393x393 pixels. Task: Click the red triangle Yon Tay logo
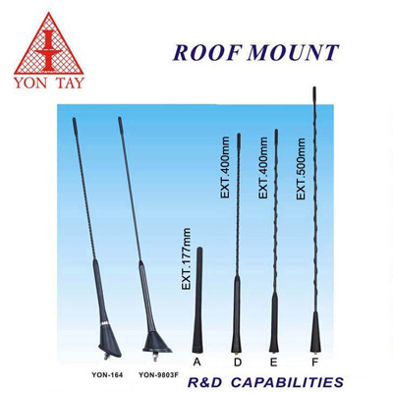[x=49, y=43]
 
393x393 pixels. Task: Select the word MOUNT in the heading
[x=293, y=52]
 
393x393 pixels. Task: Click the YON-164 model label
[x=107, y=375]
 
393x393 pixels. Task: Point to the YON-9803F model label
[x=158, y=375]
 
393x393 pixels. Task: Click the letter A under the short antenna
[x=196, y=362]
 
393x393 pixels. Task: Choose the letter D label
[x=238, y=363]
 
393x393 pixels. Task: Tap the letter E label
[x=274, y=363]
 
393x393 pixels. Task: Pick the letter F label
[x=314, y=363]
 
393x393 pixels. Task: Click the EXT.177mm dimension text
[x=186, y=258]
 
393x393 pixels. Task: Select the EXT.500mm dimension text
[x=301, y=169]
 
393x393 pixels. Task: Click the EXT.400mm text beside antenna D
[x=225, y=168]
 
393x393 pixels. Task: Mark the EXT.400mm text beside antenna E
[x=263, y=168]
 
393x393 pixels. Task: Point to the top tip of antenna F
[x=314, y=87]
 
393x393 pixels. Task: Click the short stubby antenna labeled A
[x=197, y=300]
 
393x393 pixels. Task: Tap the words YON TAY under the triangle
[x=49, y=83]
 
